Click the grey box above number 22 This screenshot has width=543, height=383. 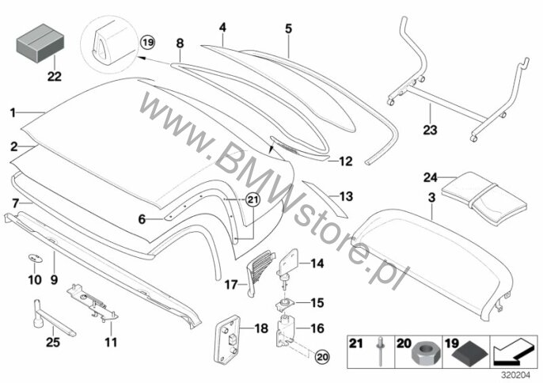pyautogui.click(x=40, y=43)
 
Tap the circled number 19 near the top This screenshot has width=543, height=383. pyautogui.click(x=147, y=43)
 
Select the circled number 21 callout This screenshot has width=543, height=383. pyautogui.click(x=253, y=199)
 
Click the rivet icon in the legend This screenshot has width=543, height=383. pyautogui.click(x=380, y=351)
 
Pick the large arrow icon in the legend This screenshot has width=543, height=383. pyautogui.click(x=514, y=352)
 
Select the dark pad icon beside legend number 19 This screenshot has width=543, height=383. pyautogui.click(x=470, y=356)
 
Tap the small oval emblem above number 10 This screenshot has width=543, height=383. pyautogui.click(x=34, y=258)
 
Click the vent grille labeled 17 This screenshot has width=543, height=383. pyautogui.click(x=258, y=272)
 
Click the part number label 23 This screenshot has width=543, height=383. pyautogui.click(x=430, y=130)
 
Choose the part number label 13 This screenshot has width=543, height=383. pyautogui.click(x=347, y=196)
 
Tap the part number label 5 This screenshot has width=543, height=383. pyautogui.click(x=289, y=28)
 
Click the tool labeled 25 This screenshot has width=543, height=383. pyautogui.click(x=52, y=319)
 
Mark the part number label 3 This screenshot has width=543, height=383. pyautogui.click(x=431, y=198)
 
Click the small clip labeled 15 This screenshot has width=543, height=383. pyautogui.click(x=285, y=304)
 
